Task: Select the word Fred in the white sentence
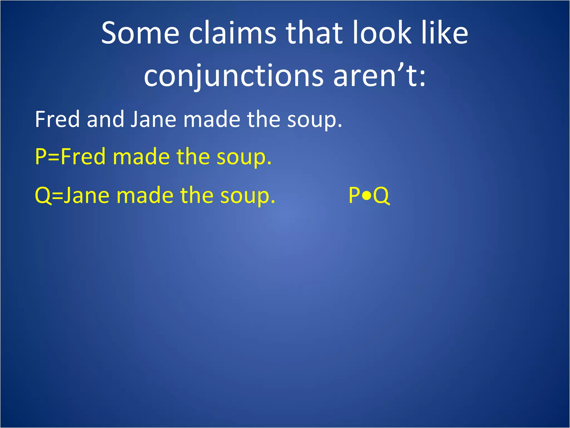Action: click(x=57, y=119)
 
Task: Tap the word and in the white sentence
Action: click(x=105, y=119)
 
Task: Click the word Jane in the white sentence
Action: click(x=153, y=119)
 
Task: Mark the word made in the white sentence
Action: click(x=212, y=119)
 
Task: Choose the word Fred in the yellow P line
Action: click(x=83, y=157)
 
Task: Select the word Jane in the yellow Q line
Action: click(x=86, y=196)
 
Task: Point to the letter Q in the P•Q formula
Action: click(x=381, y=196)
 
